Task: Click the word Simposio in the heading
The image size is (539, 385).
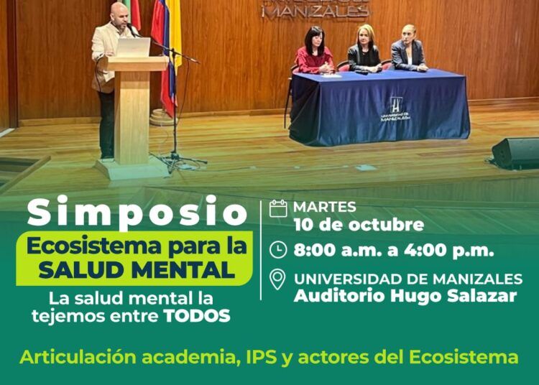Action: [x=137, y=212]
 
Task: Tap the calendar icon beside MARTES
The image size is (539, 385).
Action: [x=278, y=208]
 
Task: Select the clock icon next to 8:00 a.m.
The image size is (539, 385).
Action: [x=278, y=250]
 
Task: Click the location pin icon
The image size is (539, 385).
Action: [x=277, y=279]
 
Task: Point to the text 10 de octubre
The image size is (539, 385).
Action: [x=359, y=225]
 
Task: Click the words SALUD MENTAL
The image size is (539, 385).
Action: [x=137, y=269]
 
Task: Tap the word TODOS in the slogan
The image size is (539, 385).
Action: [x=197, y=316]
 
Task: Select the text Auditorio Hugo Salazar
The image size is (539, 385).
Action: [x=405, y=296]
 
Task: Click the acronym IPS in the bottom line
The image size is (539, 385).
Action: [x=262, y=357]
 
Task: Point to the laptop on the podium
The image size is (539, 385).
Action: [x=133, y=47]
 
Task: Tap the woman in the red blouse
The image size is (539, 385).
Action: [x=313, y=51]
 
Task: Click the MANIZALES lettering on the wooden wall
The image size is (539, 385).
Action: [x=315, y=11]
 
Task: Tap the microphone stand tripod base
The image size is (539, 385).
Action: [x=179, y=162]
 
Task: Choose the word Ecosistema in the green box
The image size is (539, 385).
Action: [x=94, y=246]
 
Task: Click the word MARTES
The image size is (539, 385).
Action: [x=325, y=207]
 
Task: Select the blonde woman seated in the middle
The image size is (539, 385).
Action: [x=364, y=49]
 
